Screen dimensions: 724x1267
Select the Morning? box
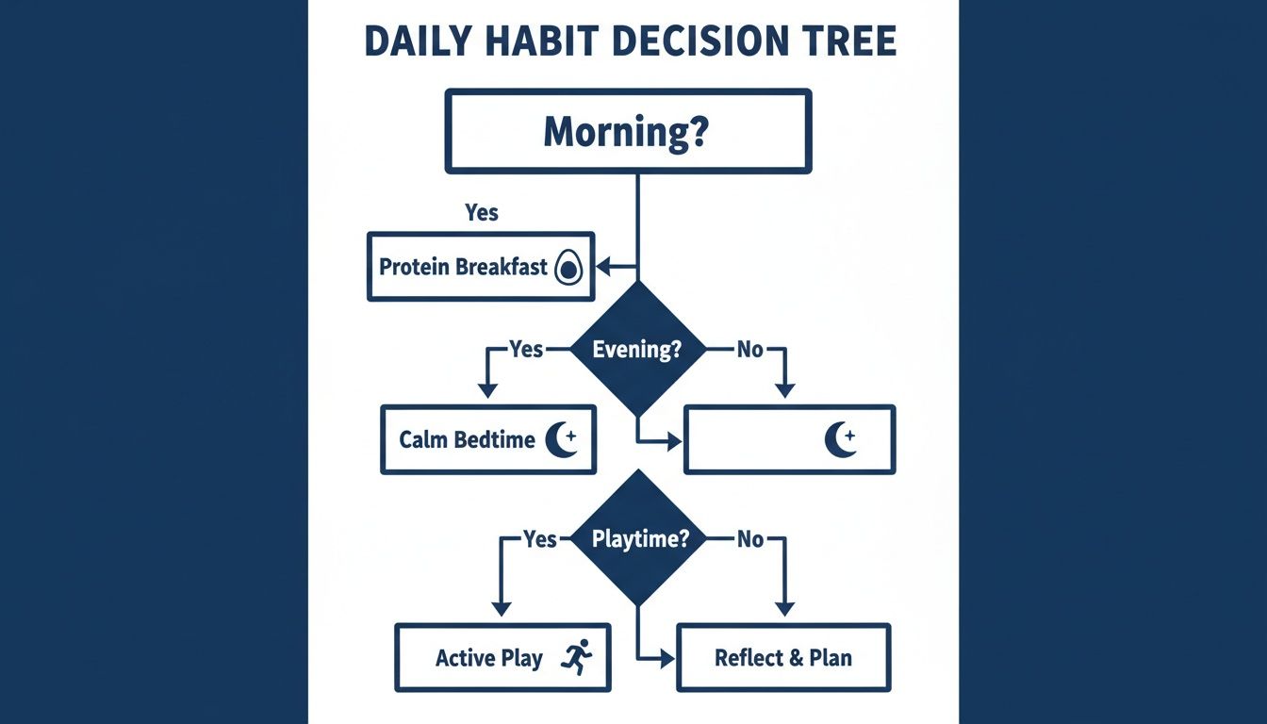tap(628, 131)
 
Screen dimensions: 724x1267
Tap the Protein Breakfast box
tap(481, 267)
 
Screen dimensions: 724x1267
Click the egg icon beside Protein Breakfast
tap(568, 269)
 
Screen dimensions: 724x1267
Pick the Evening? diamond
tap(637, 350)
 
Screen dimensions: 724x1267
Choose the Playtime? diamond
tap(637, 539)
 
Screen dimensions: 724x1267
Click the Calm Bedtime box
tap(487, 439)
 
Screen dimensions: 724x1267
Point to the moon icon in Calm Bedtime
tap(563, 438)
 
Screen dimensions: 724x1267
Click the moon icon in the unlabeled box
tap(840, 438)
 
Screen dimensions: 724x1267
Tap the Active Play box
tap(502, 657)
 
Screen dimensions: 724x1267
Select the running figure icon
tap(576, 656)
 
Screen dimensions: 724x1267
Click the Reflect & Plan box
tap(783, 657)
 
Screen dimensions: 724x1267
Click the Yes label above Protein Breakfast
tap(482, 213)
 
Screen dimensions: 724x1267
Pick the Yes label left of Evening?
tap(526, 350)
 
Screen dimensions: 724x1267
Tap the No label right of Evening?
tap(749, 350)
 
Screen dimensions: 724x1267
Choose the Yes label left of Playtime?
tap(540, 539)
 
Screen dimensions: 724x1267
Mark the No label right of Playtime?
tap(749, 539)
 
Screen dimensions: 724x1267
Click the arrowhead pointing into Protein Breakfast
tap(604, 268)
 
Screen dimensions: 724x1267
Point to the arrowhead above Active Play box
tap(502, 609)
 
